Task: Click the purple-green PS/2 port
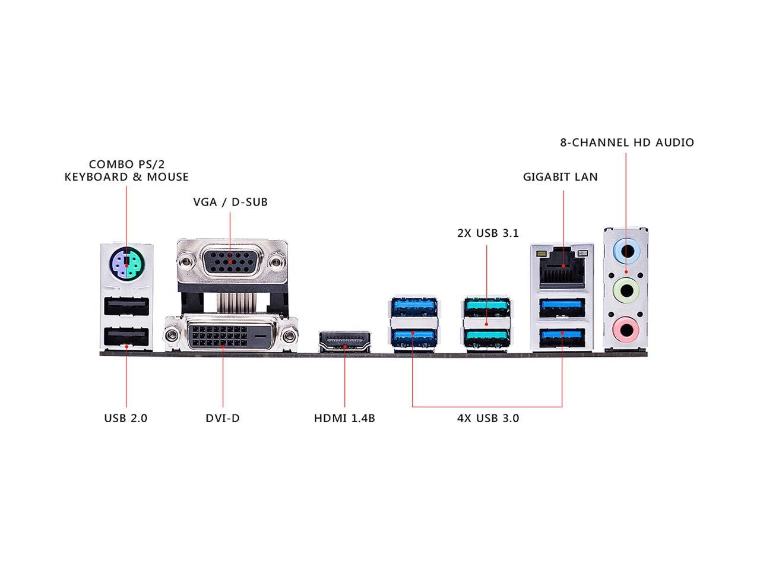[x=127, y=264]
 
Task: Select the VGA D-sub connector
[x=232, y=262]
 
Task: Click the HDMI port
[x=344, y=341]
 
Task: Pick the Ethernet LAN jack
[x=561, y=268]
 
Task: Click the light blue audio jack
[x=626, y=250]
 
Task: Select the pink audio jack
[x=626, y=330]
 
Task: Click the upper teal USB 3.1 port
[x=487, y=306]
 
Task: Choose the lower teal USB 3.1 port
[x=487, y=338]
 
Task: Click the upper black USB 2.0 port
[x=126, y=306]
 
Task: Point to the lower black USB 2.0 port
[x=126, y=337]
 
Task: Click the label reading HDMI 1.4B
[x=344, y=418]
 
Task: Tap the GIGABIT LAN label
[x=560, y=177]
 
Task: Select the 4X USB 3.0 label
[x=488, y=418]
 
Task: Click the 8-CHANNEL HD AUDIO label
[x=626, y=142]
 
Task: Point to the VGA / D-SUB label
[x=230, y=202]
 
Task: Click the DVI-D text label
[x=222, y=418]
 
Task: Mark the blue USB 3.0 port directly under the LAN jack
[x=562, y=308]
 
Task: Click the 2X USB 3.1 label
[x=488, y=233]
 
